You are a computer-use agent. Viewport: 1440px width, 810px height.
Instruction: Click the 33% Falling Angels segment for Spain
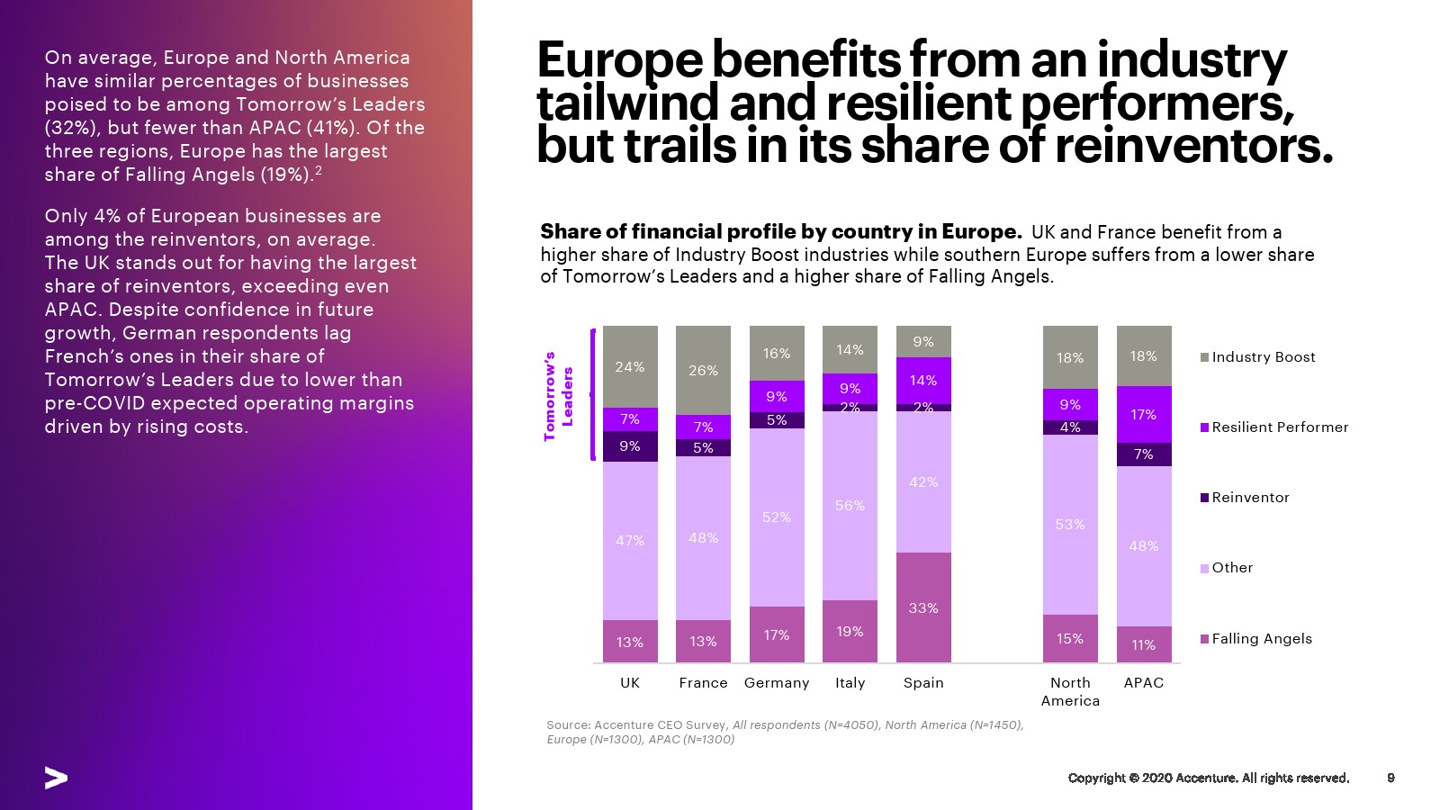click(923, 607)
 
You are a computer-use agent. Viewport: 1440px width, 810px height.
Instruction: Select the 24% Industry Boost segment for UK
click(630, 366)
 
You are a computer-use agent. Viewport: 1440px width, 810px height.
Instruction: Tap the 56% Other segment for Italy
click(850, 505)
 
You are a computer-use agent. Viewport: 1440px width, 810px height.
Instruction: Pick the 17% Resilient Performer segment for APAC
click(1144, 414)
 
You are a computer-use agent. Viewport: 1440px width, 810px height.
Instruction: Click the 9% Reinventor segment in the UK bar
click(630, 446)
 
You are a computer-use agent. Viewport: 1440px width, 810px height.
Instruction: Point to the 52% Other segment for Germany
click(777, 517)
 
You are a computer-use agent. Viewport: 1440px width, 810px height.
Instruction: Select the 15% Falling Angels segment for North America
click(1070, 638)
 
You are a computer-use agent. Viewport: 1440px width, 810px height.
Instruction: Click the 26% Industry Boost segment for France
click(703, 370)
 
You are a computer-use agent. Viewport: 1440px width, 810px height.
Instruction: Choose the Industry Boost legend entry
click(1263, 357)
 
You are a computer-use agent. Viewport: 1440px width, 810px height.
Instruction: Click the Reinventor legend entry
click(1250, 498)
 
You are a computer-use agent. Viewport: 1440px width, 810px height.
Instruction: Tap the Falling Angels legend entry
click(1261, 639)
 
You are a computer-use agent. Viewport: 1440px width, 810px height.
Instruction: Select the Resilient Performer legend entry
click(1279, 427)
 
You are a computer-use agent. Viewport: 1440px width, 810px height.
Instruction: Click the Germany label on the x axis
click(777, 683)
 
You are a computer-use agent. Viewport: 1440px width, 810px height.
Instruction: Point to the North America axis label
click(1070, 691)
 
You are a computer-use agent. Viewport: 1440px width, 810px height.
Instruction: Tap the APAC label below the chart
click(1144, 683)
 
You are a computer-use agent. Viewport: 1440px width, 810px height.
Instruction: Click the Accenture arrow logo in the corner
click(56, 778)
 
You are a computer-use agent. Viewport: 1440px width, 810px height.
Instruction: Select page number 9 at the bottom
click(1390, 778)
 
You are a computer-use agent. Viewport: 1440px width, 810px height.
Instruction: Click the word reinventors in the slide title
click(1193, 147)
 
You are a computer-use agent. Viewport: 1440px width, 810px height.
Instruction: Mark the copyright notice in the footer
click(1208, 778)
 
